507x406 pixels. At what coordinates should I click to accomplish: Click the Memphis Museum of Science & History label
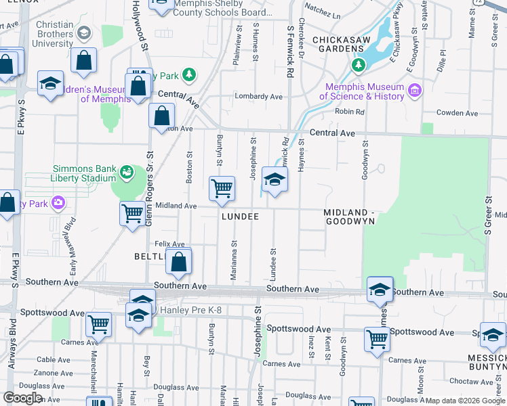tap(365, 91)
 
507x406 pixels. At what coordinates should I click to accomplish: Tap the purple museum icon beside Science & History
tap(413, 89)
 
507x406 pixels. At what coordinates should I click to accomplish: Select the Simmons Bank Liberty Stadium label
tap(85, 174)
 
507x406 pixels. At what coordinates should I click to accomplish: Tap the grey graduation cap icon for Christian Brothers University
tap(83, 33)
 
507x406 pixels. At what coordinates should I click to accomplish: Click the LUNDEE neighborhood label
tap(240, 217)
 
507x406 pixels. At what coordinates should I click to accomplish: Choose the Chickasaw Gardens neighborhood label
tap(340, 44)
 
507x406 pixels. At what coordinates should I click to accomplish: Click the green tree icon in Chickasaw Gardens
tap(358, 65)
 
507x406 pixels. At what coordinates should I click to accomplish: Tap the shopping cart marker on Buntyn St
tap(222, 189)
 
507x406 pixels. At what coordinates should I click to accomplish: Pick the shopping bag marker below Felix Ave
tap(178, 262)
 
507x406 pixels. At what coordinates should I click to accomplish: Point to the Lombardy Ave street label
tap(258, 97)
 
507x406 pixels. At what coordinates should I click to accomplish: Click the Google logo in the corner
tap(22, 398)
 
